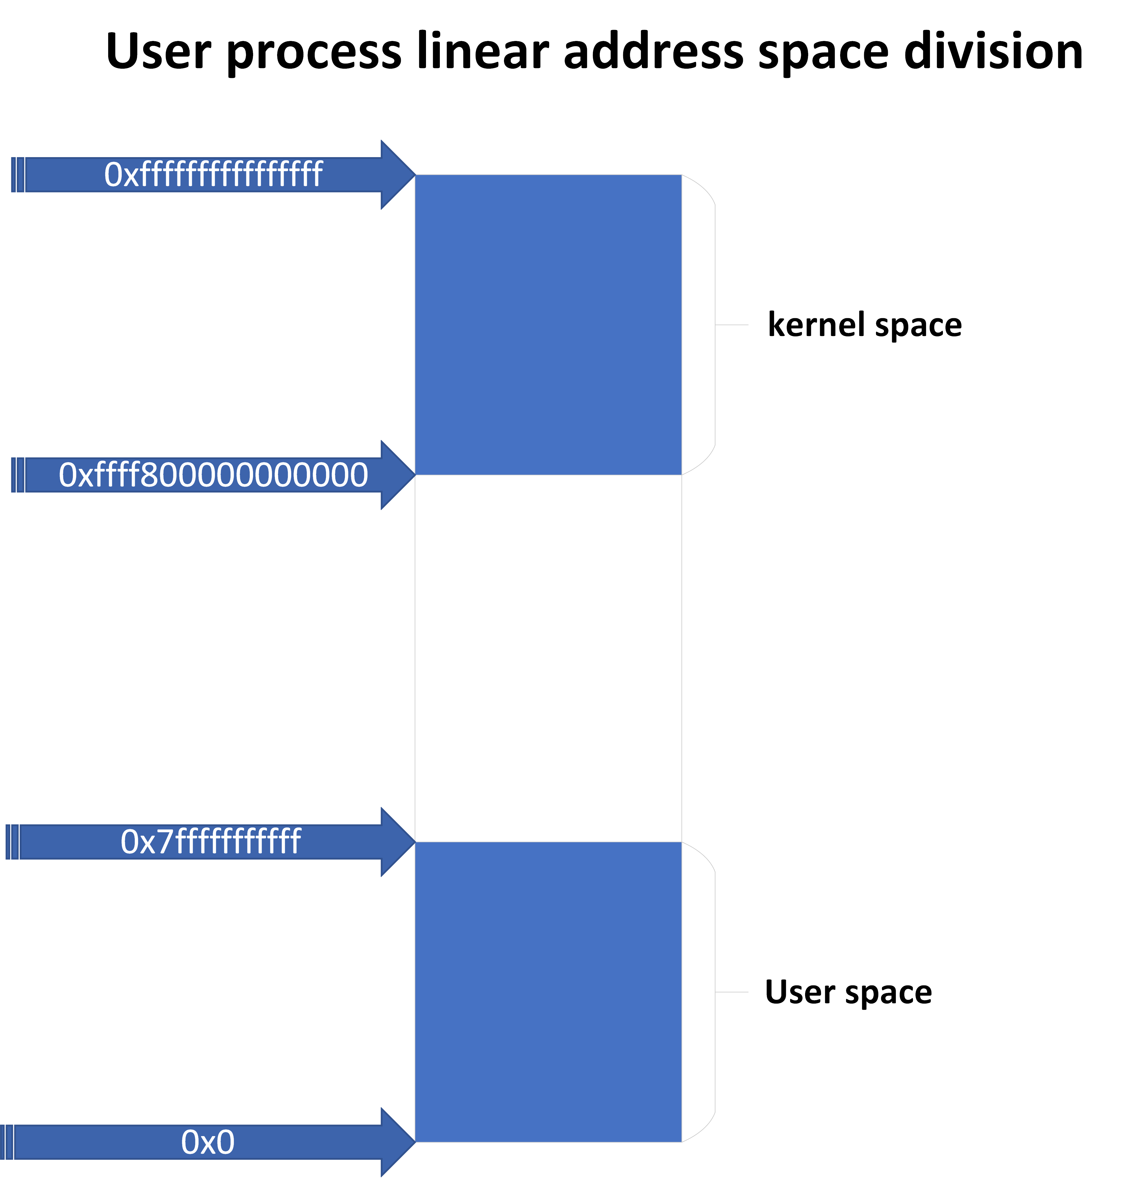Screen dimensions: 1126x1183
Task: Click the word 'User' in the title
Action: point(158,52)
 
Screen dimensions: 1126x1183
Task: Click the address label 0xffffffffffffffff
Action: point(214,175)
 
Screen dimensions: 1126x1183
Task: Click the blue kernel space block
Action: point(548,325)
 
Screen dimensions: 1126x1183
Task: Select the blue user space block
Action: point(548,992)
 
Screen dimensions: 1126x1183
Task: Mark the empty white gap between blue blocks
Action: point(548,658)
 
